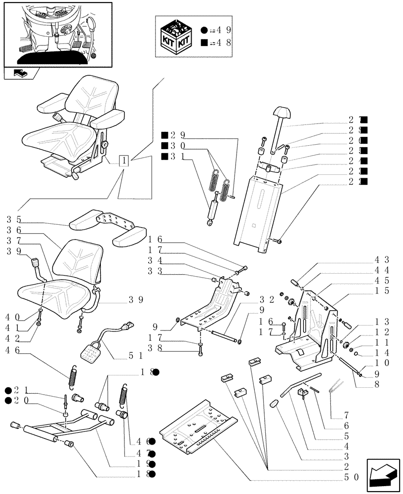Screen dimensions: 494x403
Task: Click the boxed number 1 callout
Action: (x=124, y=161)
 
